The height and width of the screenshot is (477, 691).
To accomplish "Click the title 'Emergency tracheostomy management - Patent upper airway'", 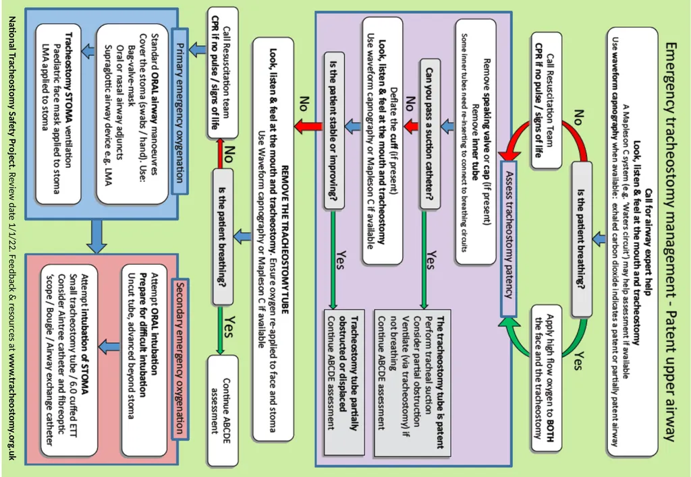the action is tap(670, 241).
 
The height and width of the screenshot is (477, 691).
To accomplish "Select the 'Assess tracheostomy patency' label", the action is tap(509, 239).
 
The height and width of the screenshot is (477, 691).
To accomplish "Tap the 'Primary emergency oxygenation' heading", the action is tap(179, 112).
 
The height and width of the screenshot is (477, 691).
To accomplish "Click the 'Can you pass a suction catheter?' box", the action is tap(430, 134).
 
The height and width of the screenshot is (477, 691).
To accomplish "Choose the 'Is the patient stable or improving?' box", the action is tap(333, 130).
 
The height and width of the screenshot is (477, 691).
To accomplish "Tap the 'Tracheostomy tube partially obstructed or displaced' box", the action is tap(343, 383).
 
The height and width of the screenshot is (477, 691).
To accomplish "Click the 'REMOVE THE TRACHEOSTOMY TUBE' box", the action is tap(273, 239).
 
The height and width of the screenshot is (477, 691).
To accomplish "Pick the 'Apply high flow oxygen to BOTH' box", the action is tap(547, 378).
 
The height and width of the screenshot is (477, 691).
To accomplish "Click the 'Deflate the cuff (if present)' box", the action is tap(383, 141).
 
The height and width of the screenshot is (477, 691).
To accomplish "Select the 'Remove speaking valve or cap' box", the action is tap(476, 141).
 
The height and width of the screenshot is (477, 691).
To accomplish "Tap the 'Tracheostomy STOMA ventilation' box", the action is tap(58, 114).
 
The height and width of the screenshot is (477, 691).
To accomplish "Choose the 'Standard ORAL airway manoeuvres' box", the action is tap(132, 114).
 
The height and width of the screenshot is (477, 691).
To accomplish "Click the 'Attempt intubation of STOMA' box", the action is tap(69, 360).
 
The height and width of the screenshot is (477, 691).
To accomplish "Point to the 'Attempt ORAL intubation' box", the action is tap(144, 360).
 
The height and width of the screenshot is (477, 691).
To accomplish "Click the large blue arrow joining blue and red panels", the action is tap(96, 236).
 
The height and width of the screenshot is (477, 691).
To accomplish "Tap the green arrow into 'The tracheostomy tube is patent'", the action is tap(424, 260).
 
